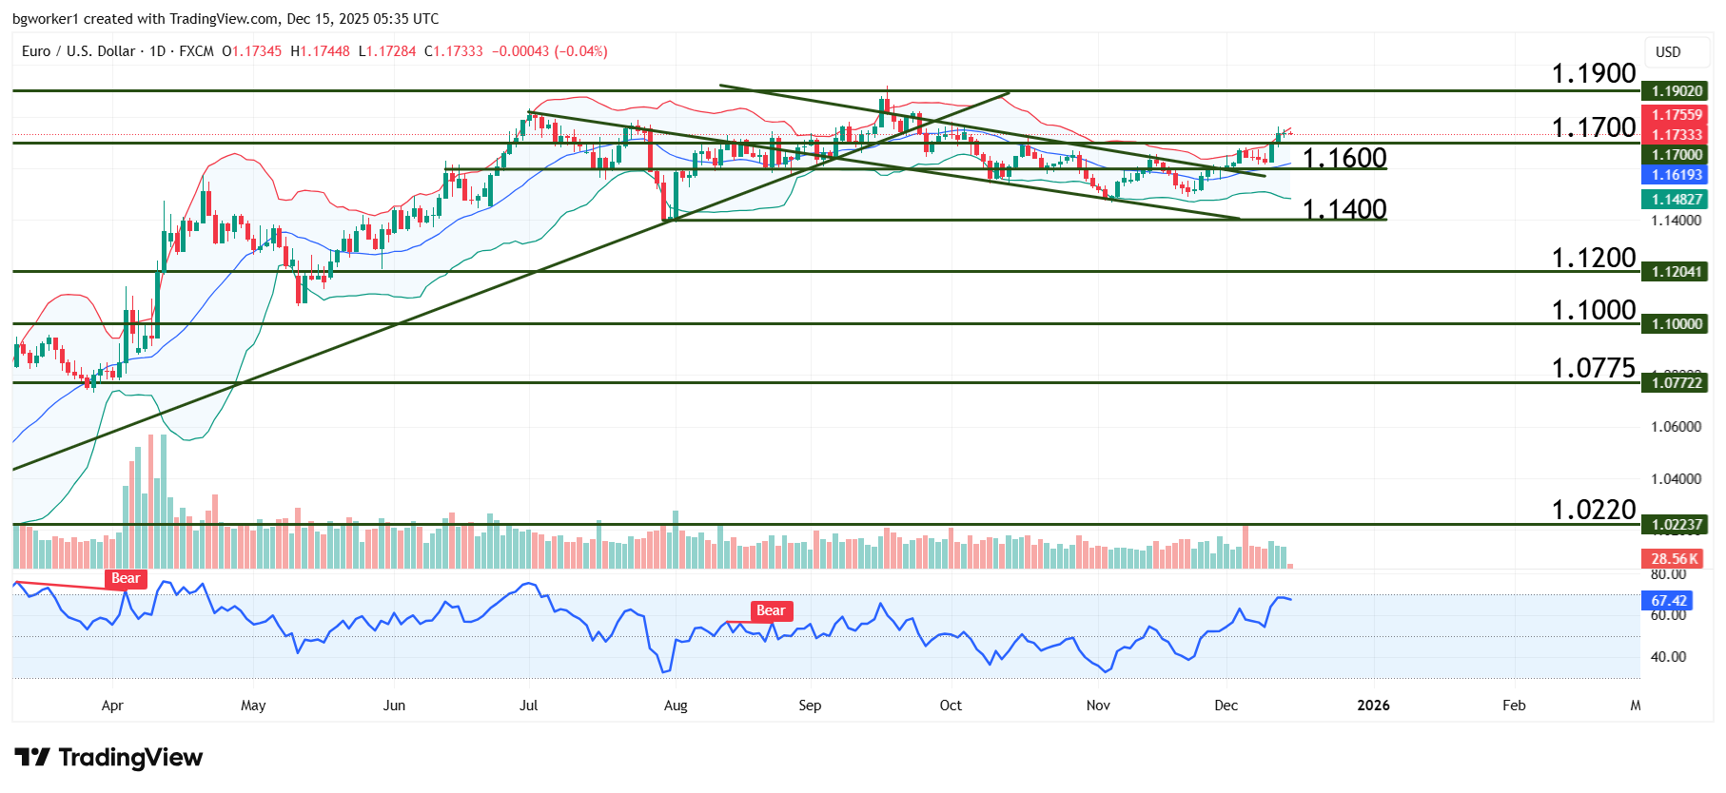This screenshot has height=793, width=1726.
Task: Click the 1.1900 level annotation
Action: tap(1593, 73)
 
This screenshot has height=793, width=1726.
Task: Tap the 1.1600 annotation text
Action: tap(1344, 158)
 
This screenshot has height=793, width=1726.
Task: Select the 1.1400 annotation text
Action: tap(1344, 209)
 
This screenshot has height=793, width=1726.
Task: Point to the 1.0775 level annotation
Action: tap(1593, 368)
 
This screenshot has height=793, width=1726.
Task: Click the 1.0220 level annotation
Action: tap(1593, 510)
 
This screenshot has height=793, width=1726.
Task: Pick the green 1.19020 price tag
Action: tap(1676, 91)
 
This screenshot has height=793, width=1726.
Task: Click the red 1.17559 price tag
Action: tap(1676, 115)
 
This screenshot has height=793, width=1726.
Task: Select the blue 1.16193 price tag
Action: tap(1676, 175)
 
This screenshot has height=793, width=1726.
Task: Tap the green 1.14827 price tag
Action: tap(1676, 200)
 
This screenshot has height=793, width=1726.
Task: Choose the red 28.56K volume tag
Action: tap(1674, 559)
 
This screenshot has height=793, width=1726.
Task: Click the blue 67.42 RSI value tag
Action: tap(1668, 601)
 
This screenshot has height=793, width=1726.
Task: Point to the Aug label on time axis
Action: tap(675, 706)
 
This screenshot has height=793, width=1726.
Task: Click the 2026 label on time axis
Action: tap(1373, 706)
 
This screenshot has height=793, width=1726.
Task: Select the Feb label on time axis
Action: tap(1513, 706)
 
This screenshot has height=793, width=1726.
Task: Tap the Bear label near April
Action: tap(126, 579)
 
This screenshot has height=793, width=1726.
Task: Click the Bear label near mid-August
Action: tap(771, 611)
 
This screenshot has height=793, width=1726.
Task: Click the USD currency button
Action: tap(1667, 52)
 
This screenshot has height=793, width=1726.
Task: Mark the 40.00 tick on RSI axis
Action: tap(1668, 657)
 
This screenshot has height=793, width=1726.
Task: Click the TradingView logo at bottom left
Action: tap(108, 758)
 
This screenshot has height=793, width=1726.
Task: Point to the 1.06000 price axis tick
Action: tap(1676, 427)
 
